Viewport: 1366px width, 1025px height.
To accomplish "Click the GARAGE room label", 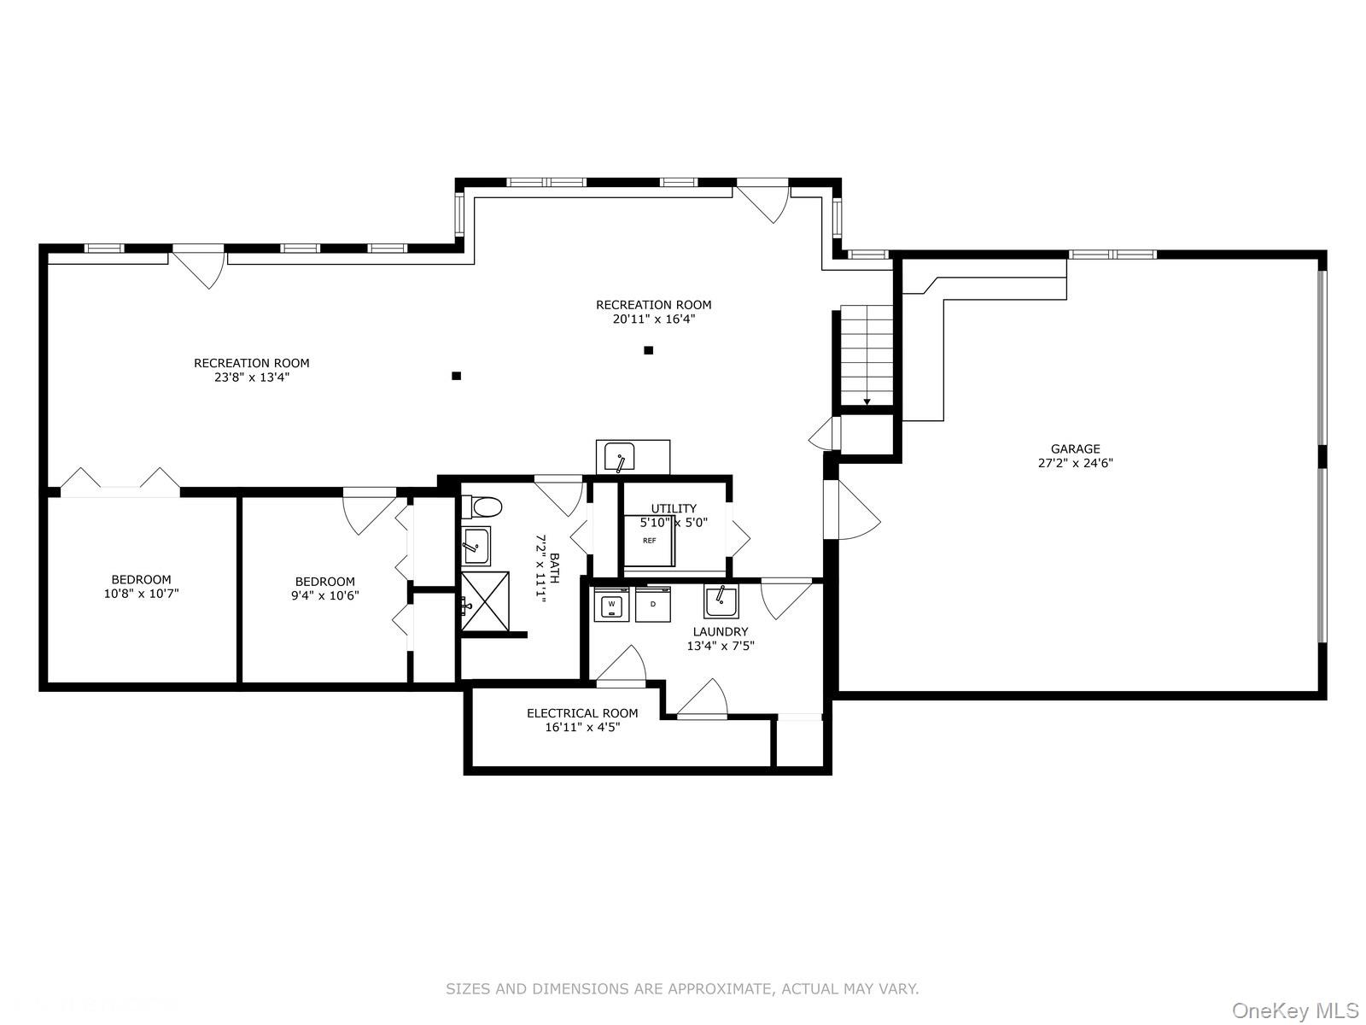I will [x=1075, y=448].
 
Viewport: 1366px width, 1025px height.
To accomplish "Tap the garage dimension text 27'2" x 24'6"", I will [x=1075, y=464].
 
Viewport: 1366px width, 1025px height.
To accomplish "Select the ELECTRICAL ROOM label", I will [x=582, y=713].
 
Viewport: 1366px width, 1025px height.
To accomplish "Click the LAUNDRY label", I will [x=721, y=632].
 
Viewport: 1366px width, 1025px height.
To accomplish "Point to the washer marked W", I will [x=611, y=605].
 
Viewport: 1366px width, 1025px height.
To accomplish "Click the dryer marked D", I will [x=653, y=605].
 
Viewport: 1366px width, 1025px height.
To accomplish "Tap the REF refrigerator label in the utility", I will [x=650, y=541].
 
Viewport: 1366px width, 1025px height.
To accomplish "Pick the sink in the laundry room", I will [x=721, y=601].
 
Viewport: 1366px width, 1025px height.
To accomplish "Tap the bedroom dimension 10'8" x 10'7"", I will [x=141, y=594].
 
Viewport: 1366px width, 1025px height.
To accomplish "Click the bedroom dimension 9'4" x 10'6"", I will [x=325, y=596].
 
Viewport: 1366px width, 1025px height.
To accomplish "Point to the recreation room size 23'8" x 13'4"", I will [x=252, y=377].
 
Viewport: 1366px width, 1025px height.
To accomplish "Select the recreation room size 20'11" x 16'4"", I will [x=653, y=319].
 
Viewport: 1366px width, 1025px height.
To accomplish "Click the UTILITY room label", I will [x=674, y=509].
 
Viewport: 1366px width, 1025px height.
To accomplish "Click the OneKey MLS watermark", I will [x=1295, y=1011].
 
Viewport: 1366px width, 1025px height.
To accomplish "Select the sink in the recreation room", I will [x=619, y=458].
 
